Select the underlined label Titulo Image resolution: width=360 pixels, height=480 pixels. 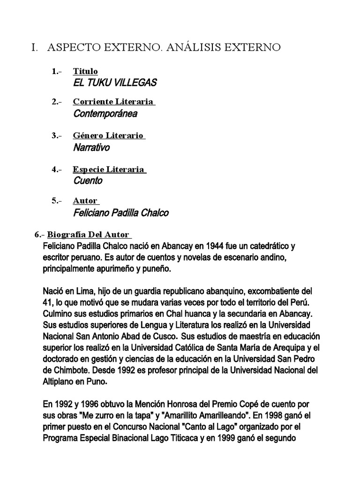click(85, 71)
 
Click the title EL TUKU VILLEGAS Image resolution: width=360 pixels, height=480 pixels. click(115, 83)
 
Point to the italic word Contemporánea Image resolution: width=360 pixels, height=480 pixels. click(105, 113)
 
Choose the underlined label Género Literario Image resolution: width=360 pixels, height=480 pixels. click(108, 135)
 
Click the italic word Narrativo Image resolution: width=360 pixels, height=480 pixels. click(91, 148)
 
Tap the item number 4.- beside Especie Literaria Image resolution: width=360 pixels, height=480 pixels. click(57, 169)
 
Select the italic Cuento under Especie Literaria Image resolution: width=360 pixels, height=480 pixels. click(88, 180)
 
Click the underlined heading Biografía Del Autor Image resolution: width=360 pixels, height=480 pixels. click(89, 234)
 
